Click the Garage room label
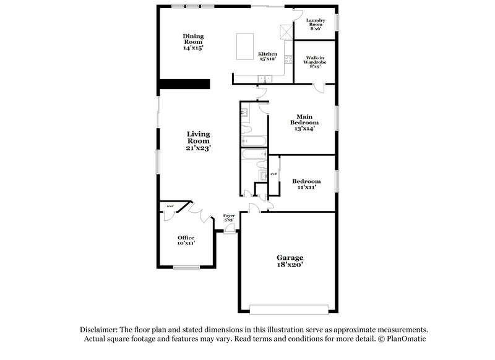290,257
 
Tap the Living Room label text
199,137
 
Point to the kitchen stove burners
287,59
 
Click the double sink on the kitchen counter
265,78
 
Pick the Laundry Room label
320,24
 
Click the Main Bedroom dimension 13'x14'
303,129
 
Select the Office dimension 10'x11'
186,244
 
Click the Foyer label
229,216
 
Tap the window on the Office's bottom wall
186,267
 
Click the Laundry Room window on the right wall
337,22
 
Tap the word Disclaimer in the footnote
98,330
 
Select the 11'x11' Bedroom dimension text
306,187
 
